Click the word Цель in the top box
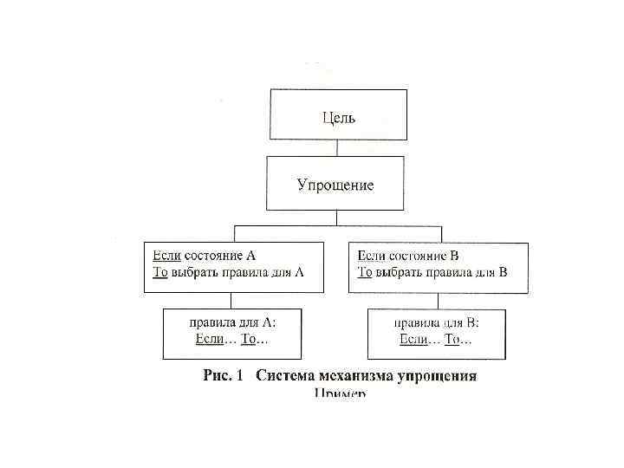click(x=339, y=117)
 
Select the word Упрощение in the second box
click(x=335, y=185)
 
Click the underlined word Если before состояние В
click(x=372, y=256)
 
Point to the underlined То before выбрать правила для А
click(x=159, y=272)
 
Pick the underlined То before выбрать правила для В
click(x=365, y=272)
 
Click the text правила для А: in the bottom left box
click(x=232, y=322)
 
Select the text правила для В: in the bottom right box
click(x=437, y=322)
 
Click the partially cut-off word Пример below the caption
click(x=340, y=393)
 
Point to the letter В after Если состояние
click(x=454, y=256)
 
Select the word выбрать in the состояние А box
click(x=193, y=272)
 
